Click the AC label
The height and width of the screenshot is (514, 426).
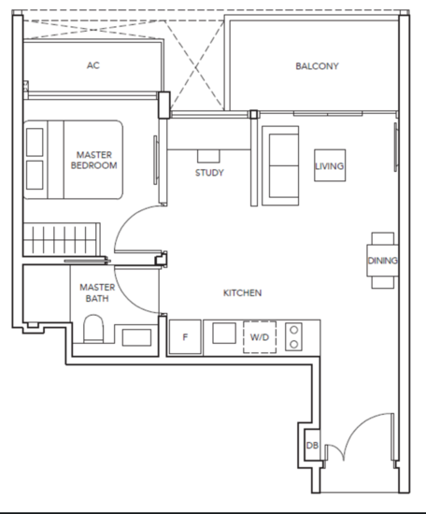click(93, 65)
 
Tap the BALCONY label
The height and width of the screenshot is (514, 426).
click(317, 66)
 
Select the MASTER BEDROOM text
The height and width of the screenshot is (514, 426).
click(94, 160)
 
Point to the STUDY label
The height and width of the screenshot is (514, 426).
click(210, 173)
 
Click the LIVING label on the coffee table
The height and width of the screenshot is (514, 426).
click(329, 166)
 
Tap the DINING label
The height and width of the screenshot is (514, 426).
click(382, 260)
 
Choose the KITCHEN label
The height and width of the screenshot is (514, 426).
click(243, 292)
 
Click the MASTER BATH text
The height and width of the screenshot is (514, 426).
click(97, 292)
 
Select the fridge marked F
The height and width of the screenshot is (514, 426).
click(185, 337)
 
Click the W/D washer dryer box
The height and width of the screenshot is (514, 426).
click(260, 337)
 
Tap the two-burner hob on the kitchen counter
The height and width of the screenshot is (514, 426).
click(294, 337)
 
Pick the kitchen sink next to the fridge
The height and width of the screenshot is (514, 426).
click(224, 333)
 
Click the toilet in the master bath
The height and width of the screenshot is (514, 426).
click(93, 329)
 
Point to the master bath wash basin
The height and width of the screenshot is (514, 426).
click(137, 337)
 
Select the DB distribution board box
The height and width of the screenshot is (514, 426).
click(312, 445)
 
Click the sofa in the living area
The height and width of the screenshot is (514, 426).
click(281, 165)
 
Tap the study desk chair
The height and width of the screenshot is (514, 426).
click(209, 156)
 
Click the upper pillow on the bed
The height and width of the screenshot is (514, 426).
click(35, 142)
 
